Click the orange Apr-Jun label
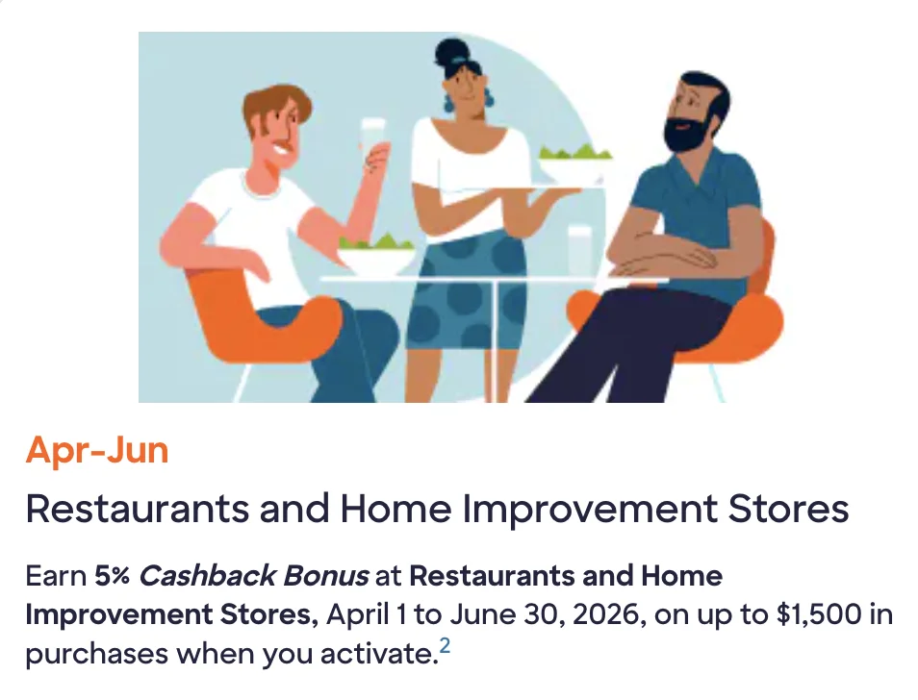click(x=97, y=450)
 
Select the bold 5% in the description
click(x=112, y=577)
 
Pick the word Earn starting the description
click(x=56, y=577)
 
